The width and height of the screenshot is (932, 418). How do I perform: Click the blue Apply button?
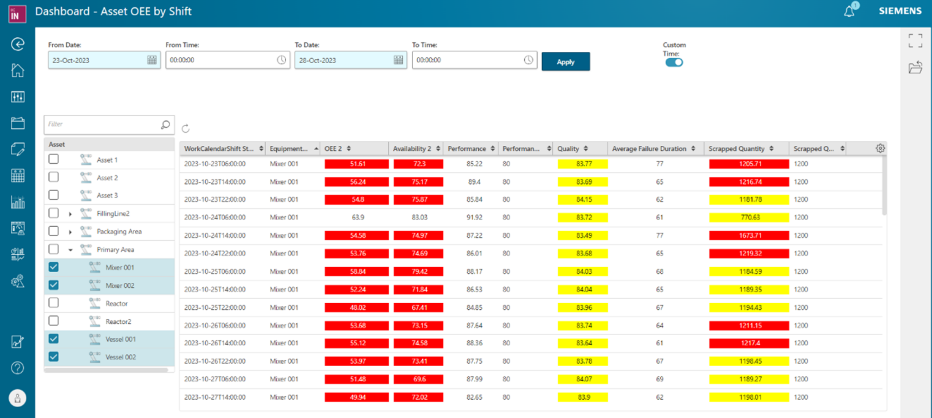point(565,62)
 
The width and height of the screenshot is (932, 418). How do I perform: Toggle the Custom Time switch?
point(674,62)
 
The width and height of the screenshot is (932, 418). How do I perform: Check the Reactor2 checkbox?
point(54,321)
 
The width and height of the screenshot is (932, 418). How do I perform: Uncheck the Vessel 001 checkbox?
point(54,339)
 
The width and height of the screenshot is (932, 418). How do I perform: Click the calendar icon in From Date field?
point(152,60)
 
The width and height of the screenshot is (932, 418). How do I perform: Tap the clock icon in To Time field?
point(528,60)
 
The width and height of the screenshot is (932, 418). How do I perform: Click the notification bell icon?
point(849,11)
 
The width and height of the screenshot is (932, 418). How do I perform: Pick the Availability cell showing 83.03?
point(419,218)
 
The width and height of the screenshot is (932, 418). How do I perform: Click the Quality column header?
point(568,149)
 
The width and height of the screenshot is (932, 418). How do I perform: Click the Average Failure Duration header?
point(649,149)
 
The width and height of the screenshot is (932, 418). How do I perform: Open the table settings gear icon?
point(880,148)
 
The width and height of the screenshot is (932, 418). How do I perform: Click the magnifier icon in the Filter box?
point(165,124)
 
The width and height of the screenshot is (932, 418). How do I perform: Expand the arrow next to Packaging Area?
point(70,232)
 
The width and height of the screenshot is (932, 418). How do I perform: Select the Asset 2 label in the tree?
point(107,178)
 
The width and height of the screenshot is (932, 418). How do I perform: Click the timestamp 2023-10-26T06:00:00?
point(215,326)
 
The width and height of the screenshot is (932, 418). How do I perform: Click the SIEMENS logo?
point(900,11)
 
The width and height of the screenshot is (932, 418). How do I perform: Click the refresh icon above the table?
point(186,128)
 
